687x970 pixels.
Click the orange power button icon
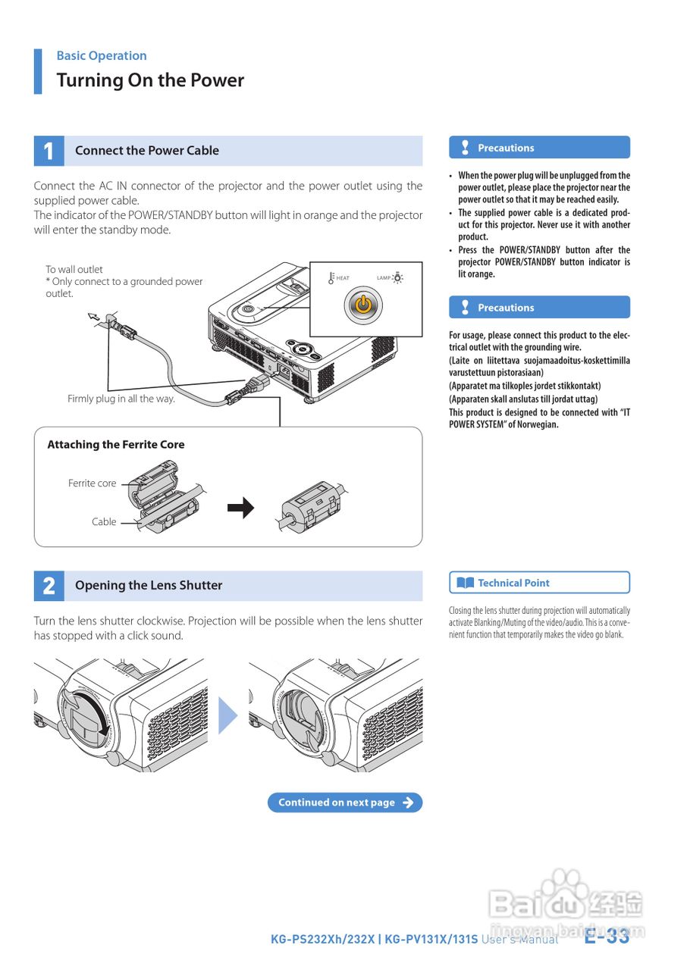[364, 305]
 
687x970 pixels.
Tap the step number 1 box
[49, 151]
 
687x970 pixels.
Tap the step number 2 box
[49, 586]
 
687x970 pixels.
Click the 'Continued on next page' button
[344, 803]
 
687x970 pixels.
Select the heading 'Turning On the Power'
[150, 80]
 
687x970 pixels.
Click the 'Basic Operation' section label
[102, 55]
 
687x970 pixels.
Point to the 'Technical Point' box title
[513, 583]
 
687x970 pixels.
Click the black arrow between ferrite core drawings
[241, 508]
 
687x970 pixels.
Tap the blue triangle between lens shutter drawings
[227, 715]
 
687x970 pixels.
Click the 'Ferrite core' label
[93, 483]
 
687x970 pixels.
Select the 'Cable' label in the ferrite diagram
[104, 521]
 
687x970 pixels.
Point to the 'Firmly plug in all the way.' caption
[121, 399]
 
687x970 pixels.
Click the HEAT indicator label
[343, 278]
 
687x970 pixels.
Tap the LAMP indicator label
[384, 278]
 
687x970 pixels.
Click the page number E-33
[607, 937]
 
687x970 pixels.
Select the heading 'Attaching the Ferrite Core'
[116, 445]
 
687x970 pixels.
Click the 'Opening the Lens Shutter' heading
[149, 585]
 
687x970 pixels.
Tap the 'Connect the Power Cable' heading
[147, 151]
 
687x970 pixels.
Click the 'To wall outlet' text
[74, 269]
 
